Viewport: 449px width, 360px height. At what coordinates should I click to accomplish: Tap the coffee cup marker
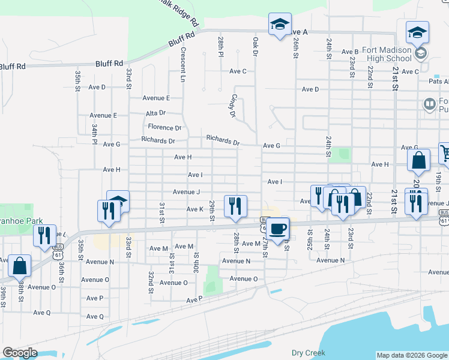[x=279, y=229]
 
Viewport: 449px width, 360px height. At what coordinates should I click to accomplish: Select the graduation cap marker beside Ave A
[x=280, y=25]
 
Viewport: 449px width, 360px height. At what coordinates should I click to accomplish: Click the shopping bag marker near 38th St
[x=20, y=265]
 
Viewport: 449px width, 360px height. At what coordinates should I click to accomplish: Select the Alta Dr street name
[x=155, y=113]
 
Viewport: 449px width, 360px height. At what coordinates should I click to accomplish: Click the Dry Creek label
[x=308, y=353]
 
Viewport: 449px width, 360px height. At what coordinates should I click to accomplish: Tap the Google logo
[x=20, y=352]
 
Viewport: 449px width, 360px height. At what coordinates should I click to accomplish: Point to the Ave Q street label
[x=43, y=313]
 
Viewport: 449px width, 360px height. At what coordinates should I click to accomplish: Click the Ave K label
[x=195, y=209]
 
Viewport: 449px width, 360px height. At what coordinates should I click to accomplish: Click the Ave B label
[x=350, y=52]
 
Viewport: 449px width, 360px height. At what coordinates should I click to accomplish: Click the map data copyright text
[x=412, y=355]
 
